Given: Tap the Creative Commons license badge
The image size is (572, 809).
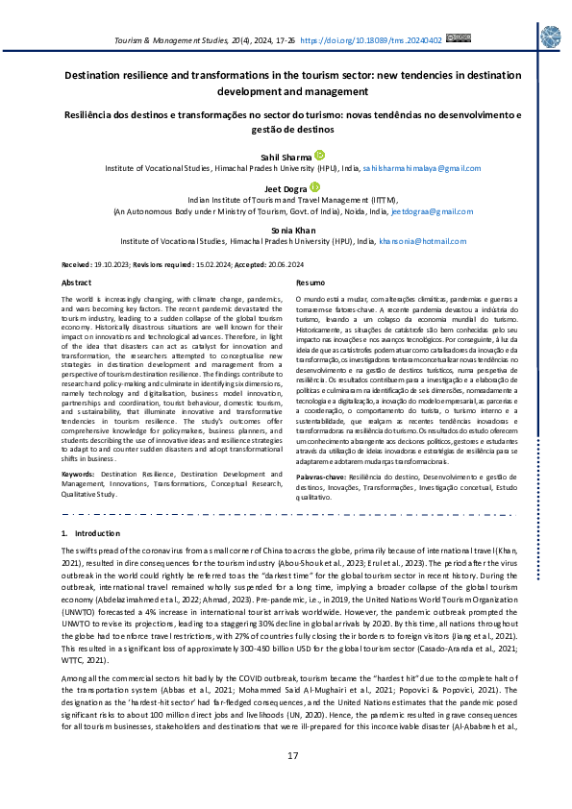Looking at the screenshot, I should click(x=459, y=38).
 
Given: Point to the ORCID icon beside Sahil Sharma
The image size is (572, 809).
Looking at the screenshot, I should click(x=319, y=155).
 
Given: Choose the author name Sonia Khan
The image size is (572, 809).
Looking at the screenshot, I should click(x=286, y=232).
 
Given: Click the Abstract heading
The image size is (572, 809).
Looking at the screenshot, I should click(x=77, y=283).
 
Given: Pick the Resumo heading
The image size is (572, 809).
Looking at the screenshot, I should click(x=311, y=283).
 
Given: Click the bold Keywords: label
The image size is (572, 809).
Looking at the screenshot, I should click(x=78, y=475).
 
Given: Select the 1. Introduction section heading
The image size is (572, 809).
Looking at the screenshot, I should click(x=90, y=532).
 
